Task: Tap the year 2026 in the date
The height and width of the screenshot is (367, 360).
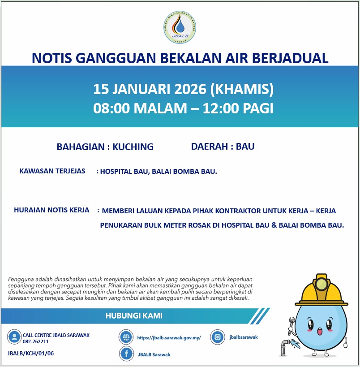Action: coord(184,89)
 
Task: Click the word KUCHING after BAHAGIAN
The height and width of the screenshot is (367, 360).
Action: coord(133,147)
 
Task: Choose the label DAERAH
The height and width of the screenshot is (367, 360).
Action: coord(209,146)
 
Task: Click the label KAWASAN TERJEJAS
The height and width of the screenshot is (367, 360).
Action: coord(52,171)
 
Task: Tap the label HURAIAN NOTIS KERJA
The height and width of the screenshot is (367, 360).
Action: coord(51,210)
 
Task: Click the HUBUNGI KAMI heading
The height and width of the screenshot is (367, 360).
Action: coord(134,316)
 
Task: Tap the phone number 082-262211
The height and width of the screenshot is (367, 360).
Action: coord(36,341)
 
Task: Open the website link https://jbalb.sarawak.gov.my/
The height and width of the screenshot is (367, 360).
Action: coord(169,338)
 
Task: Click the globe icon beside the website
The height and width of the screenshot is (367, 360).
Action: coord(127,337)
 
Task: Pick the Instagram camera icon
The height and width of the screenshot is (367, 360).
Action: coord(218,337)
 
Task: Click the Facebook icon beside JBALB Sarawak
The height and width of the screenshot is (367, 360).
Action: coord(127,354)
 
